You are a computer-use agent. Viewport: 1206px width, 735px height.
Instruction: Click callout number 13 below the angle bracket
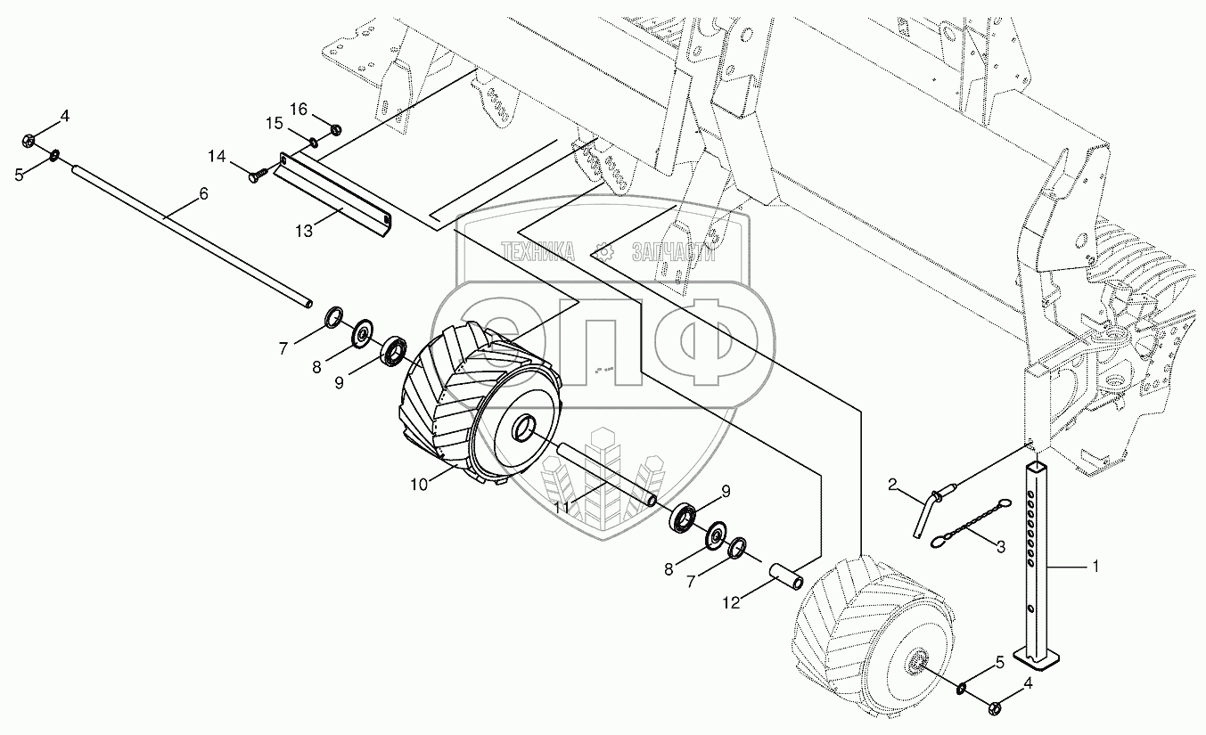(304, 231)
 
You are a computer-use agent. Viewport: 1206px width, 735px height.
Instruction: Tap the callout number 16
(299, 110)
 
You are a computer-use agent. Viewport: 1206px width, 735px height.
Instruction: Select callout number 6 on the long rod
(203, 193)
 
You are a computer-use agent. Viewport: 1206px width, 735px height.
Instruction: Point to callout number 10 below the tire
(419, 485)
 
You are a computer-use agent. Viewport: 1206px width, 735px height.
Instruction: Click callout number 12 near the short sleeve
(731, 603)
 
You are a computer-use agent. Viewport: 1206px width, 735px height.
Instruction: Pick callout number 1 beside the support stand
(1094, 566)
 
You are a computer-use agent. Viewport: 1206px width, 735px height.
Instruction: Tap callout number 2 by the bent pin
(892, 485)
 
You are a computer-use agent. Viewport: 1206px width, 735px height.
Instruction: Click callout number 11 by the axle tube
(562, 507)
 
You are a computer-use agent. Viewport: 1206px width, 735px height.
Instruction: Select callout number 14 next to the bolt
(217, 157)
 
